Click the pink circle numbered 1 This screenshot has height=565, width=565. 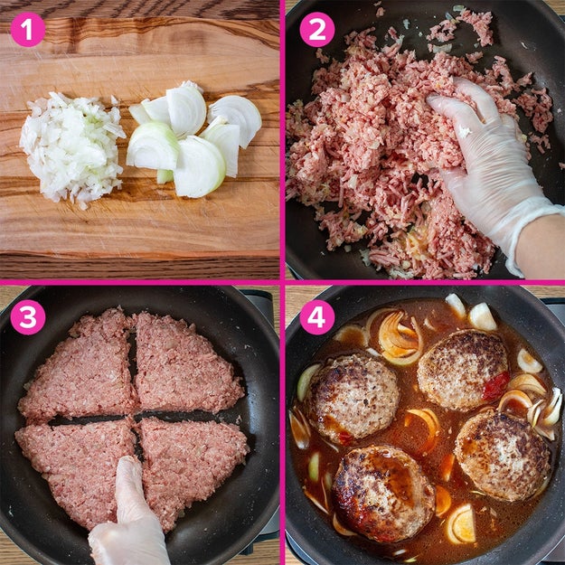28,30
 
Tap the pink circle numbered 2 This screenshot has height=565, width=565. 317,30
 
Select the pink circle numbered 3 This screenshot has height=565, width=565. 28,317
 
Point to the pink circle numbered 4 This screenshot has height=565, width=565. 317,317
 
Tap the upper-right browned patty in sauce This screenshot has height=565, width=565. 463,370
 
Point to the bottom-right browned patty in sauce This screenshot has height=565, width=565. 503,456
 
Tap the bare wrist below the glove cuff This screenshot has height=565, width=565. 541,249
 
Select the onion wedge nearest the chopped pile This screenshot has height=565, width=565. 152,146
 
